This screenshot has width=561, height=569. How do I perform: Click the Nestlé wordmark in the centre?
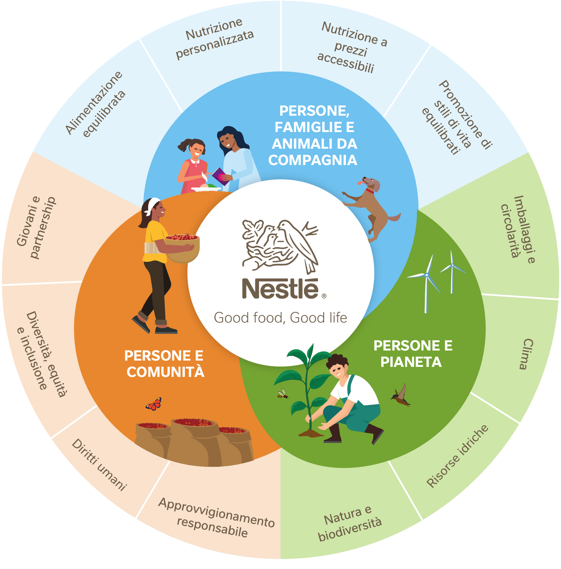[281, 288]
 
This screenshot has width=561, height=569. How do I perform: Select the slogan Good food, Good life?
[280, 318]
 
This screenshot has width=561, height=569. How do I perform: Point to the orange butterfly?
[154, 404]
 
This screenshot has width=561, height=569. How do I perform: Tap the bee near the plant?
[283, 394]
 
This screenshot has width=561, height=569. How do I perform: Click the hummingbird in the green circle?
[401, 395]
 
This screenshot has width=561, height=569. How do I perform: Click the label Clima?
[526, 354]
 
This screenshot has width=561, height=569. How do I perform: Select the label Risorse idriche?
[457, 456]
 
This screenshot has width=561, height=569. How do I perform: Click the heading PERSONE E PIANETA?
[413, 354]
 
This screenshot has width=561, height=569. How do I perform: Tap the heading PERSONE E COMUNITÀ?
[165, 364]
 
